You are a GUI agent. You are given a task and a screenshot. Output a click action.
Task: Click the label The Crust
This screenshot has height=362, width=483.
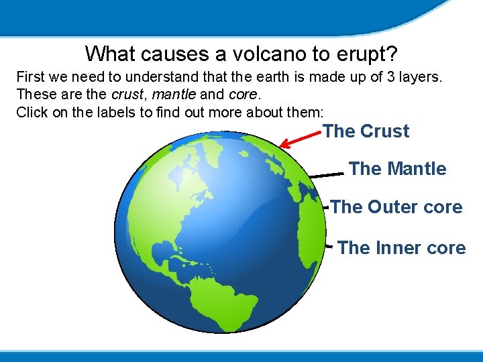[366, 131]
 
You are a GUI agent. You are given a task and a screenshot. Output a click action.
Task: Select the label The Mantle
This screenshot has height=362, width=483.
[397, 169]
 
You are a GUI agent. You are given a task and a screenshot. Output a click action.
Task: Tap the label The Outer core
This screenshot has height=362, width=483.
[396, 207]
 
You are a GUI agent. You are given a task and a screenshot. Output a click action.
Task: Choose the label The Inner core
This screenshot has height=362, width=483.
[401, 248]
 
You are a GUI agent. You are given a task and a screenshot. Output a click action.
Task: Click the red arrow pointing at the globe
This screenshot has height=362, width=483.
[301, 138]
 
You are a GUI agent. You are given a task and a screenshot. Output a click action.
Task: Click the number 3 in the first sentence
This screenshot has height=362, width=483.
[392, 76]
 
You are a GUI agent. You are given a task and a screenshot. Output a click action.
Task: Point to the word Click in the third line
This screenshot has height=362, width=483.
[32, 112]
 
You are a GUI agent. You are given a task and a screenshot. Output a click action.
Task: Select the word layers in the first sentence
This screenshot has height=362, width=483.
[421, 76]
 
